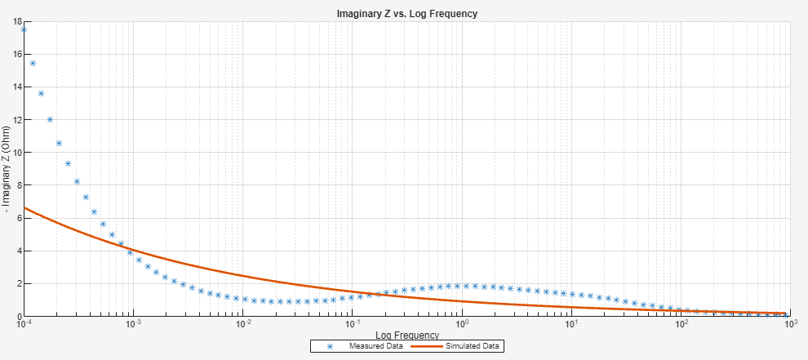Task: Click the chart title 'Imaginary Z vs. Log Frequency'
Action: (406, 14)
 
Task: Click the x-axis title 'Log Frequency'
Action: (406, 336)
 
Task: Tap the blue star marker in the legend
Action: (330, 346)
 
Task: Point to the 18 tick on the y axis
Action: (16, 21)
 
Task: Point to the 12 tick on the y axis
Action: (16, 120)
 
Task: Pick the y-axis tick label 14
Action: (16, 87)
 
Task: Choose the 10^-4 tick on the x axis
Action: (24, 324)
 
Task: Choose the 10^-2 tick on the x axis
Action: (243, 324)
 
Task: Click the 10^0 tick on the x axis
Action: (462, 324)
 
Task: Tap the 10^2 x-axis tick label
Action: (681, 324)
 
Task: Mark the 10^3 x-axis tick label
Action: (789, 324)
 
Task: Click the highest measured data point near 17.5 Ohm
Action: (24, 29)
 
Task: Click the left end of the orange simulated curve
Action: (24, 207)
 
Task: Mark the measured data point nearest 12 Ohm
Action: (50, 119)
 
